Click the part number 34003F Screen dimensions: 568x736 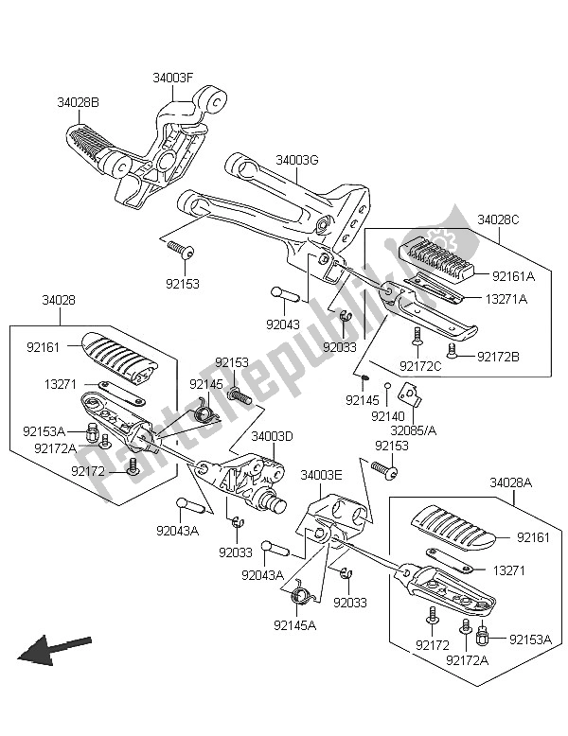tap(172, 78)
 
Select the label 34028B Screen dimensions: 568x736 tap(78, 102)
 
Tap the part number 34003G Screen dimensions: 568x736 tap(297, 160)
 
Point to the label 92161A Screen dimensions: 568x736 tap(513, 276)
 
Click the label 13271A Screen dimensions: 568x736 tap(506, 299)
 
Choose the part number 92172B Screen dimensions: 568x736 tap(498, 357)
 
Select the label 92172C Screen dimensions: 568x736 tap(420, 366)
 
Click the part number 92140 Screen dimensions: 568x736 tap(387, 416)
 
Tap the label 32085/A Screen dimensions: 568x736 tap(414, 429)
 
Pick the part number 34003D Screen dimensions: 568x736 tap(272, 436)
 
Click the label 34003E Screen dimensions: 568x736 tap(321, 475)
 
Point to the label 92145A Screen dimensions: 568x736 tap(295, 624)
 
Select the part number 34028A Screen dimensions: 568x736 tap(510, 482)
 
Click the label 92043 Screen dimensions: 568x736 tap(283, 324)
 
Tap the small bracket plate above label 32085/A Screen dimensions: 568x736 tap(410, 394)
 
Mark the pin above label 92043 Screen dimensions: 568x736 tap(285, 295)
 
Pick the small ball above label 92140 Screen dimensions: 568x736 tap(387, 386)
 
